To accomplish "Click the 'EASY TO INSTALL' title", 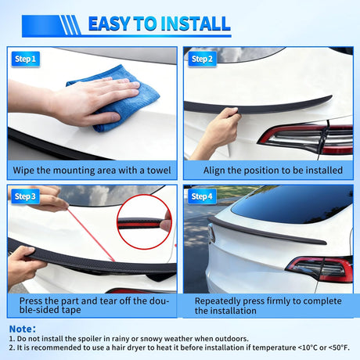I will coord(158,24).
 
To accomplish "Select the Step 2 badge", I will coord(203,59).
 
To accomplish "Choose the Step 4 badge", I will coord(203,196).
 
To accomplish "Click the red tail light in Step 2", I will coord(305,137).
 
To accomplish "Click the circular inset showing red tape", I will coord(144,222).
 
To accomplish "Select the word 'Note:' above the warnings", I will coord(22,329).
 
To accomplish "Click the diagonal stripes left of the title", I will coord(70,25).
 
